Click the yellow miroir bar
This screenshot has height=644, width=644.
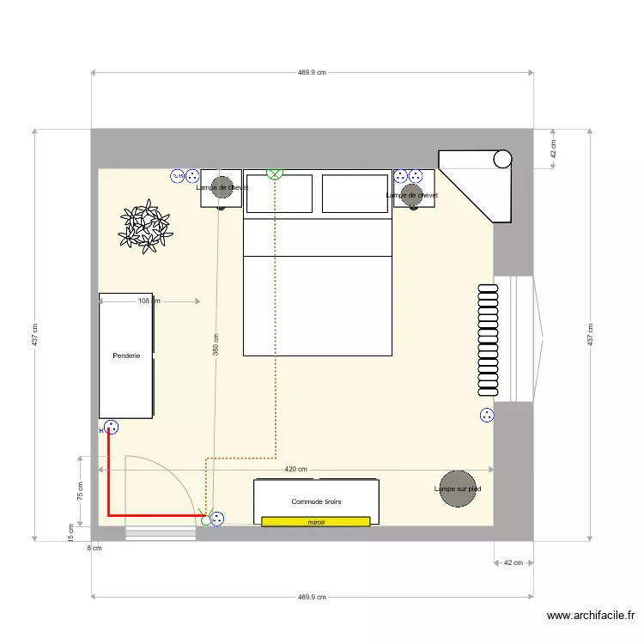point(316,520)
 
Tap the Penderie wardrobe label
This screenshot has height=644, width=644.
point(126,355)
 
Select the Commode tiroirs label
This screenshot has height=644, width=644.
point(316,501)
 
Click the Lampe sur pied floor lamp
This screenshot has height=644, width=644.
point(458,489)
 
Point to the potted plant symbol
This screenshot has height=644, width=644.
point(144,227)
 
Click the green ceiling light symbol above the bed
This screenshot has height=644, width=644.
point(275,173)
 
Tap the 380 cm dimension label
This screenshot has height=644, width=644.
point(216,344)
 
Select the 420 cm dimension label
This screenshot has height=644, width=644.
point(296,469)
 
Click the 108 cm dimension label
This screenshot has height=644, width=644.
point(149,301)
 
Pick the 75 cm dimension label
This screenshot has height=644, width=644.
point(80,491)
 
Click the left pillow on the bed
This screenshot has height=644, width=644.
point(279,193)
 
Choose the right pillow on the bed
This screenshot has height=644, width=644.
point(355,193)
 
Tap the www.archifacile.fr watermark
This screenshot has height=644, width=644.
point(591,616)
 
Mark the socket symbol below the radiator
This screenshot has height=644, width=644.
point(487,416)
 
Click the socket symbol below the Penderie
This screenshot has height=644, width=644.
point(111,428)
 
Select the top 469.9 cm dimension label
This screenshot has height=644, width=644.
point(312,73)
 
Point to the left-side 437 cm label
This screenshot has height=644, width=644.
point(34,335)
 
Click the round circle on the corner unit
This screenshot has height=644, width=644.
point(502,159)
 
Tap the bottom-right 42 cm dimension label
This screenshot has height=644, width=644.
point(513,563)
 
